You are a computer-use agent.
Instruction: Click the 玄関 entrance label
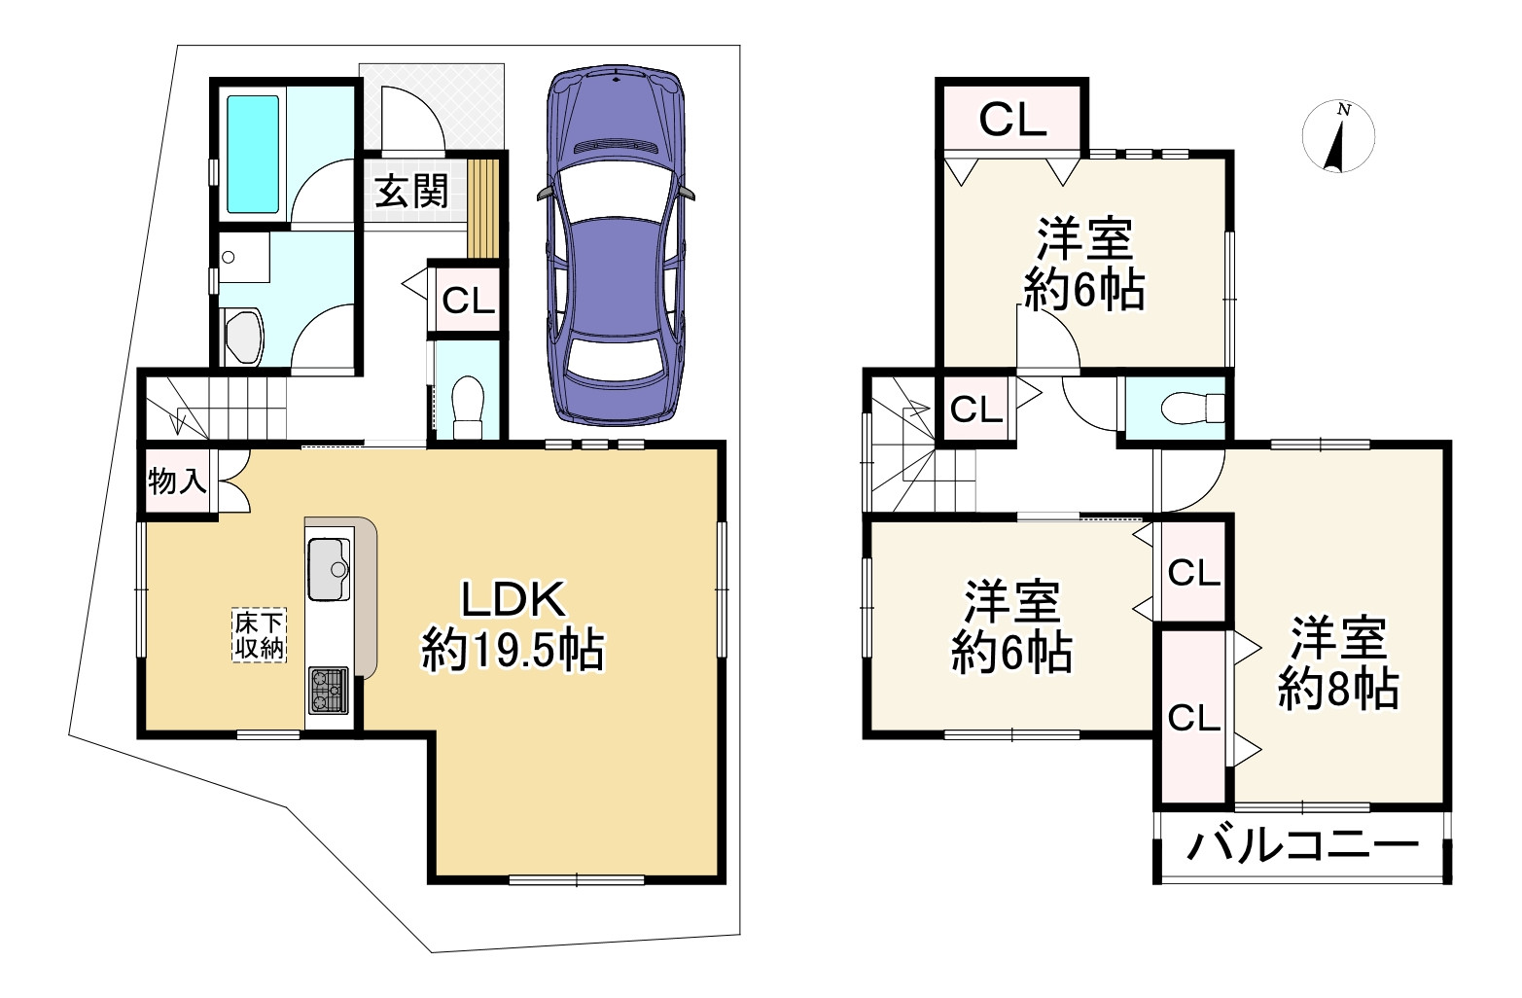[x=411, y=191]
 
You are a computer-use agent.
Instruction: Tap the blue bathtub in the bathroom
[x=253, y=155]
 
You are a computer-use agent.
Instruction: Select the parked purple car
[x=616, y=245]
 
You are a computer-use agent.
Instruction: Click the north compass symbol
[x=1338, y=136]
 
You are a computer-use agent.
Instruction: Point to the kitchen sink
[x=330, y=569]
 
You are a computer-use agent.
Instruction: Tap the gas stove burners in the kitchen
[x=329, y=691]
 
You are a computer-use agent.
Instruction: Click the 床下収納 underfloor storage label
[x=260, y=635]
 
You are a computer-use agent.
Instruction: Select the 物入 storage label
[x=177, y=481]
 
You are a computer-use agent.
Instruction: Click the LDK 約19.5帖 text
[x=513, y=625]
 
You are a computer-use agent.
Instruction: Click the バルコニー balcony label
[x=1302, y=846]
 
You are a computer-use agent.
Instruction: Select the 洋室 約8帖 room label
[x=1338, y=663]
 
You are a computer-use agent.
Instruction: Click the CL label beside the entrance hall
[x=468, y=300]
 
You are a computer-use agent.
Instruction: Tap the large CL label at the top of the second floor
[x=1011, y=120]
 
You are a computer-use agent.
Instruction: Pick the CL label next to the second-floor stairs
[x=975, y=409]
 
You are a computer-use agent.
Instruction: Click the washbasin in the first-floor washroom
[x=244, y=258]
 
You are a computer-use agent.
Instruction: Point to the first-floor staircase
[x=214, y=408]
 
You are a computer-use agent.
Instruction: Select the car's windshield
[x=617, y=195]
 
